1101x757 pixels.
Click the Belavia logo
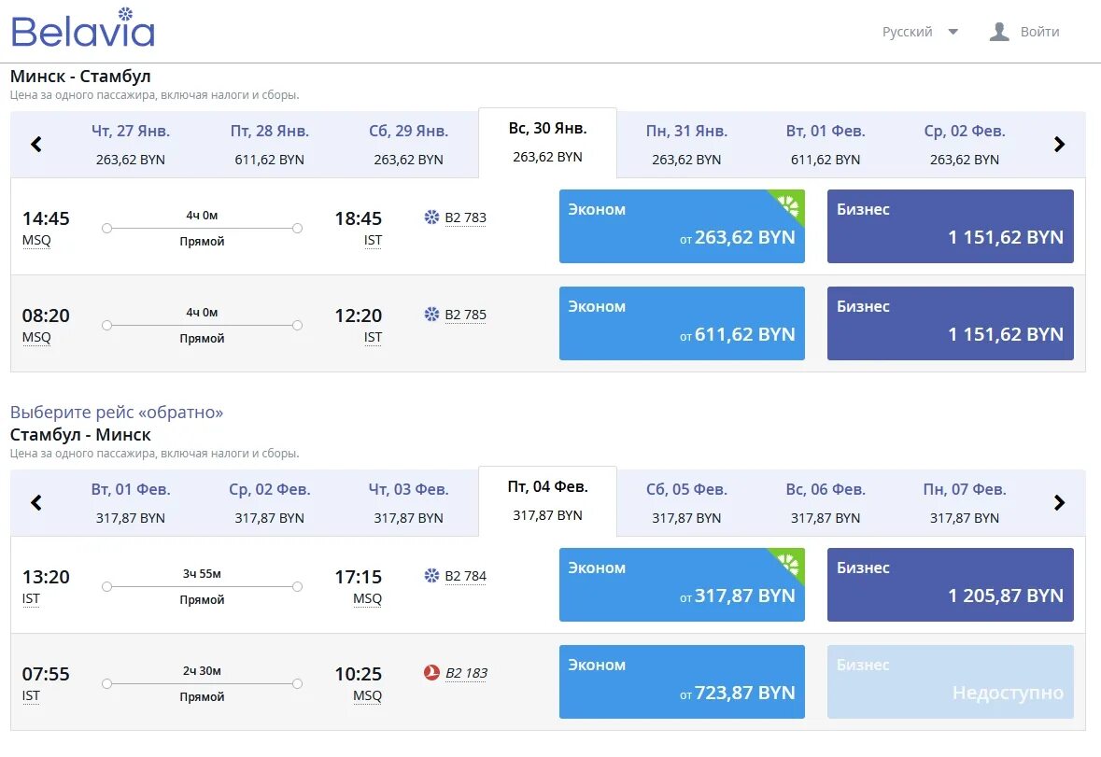[82, 29]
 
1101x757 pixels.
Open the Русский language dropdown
[920, 32]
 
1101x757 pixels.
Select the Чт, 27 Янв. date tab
[131, 145]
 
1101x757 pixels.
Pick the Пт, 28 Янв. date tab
[269, 145]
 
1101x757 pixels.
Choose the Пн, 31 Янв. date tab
[686, 145]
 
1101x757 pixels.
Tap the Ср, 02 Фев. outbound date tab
[964, 145]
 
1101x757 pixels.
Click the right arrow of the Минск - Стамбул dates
[1059, 145]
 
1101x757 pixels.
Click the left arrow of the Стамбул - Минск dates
[36, 503]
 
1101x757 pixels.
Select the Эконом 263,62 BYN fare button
[682, 226]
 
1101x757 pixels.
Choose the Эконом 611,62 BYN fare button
[682, 323]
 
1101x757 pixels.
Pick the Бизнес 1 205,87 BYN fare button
[950, 584]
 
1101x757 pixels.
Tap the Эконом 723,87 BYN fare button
[682, 681]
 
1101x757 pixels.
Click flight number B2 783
[465, 218]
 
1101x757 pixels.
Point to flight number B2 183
[465, 673]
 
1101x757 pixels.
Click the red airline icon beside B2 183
[431, 673]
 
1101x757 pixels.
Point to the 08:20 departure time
[46, 315]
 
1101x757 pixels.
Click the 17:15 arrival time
[359, 577]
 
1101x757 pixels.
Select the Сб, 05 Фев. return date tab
[686, 503]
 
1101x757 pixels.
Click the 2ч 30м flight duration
[202, 670]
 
